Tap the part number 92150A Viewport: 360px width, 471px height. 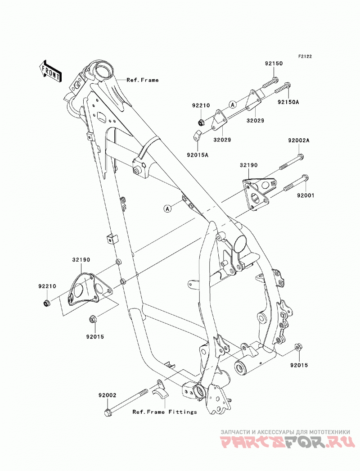[288, 102]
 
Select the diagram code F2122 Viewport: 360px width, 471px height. [297, 56]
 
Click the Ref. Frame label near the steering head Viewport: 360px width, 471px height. [142, 80]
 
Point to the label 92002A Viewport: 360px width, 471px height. [299, 140]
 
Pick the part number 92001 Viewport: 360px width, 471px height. [306, 195]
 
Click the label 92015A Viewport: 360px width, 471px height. [198, 155]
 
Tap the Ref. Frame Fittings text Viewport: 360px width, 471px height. [165, 412]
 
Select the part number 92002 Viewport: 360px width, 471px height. [107, 396]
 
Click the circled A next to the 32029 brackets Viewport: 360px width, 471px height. [232, 104]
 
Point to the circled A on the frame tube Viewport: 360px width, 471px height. [167, 208]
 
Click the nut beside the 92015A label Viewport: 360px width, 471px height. [197, 135]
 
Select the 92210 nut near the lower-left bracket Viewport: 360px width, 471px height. [46, 303]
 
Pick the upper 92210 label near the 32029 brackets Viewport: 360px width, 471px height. [201, 106]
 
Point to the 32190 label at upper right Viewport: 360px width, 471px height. [248, 165]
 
